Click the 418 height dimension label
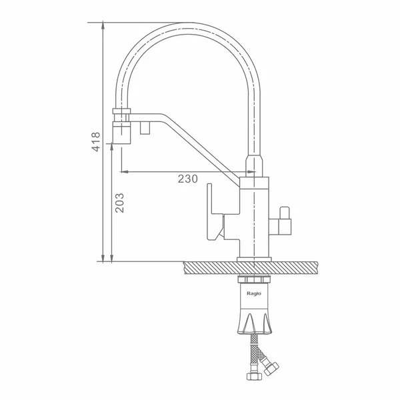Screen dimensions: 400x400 96,142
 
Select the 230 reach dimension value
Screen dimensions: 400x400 188,179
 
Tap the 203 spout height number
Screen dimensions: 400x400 119,203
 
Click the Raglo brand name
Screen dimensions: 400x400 254,293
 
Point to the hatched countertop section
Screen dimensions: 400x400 251,267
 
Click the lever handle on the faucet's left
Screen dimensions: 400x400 215,212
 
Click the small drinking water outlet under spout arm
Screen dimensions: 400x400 145,128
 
